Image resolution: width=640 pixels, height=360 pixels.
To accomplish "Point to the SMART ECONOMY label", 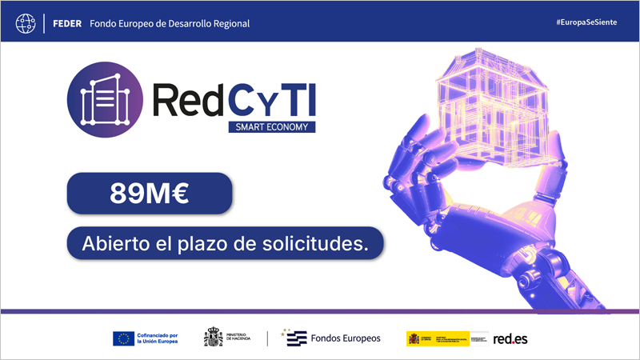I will pos(270,126).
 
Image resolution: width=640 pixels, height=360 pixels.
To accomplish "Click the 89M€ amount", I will pos(149,194).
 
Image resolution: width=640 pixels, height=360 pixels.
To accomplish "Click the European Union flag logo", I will pos(123,338).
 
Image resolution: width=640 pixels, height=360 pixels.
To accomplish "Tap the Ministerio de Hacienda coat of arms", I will pos(214,338).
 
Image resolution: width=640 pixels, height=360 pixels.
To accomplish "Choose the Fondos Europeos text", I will pos(346,338).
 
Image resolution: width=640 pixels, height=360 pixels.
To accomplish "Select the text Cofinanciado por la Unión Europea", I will pos(158,338).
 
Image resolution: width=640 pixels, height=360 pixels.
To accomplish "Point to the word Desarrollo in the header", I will pos(178,23).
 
